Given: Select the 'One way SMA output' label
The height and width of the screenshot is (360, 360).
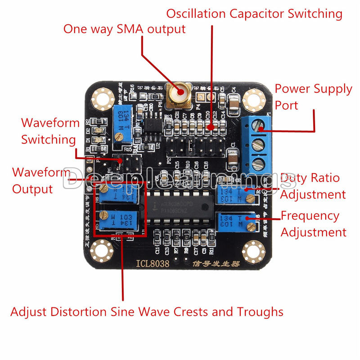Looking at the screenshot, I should pos(124,30).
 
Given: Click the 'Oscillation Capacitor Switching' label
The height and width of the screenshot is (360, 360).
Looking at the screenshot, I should pos(254,13).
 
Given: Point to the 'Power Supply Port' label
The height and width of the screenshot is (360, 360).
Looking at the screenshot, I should pos(313,97).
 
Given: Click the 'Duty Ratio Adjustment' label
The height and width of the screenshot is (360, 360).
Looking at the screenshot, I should pos(313,186).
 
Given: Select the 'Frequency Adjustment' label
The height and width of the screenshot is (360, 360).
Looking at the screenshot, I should pos(314,224).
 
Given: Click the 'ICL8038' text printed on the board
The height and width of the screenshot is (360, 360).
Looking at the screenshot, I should pos(154,264).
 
